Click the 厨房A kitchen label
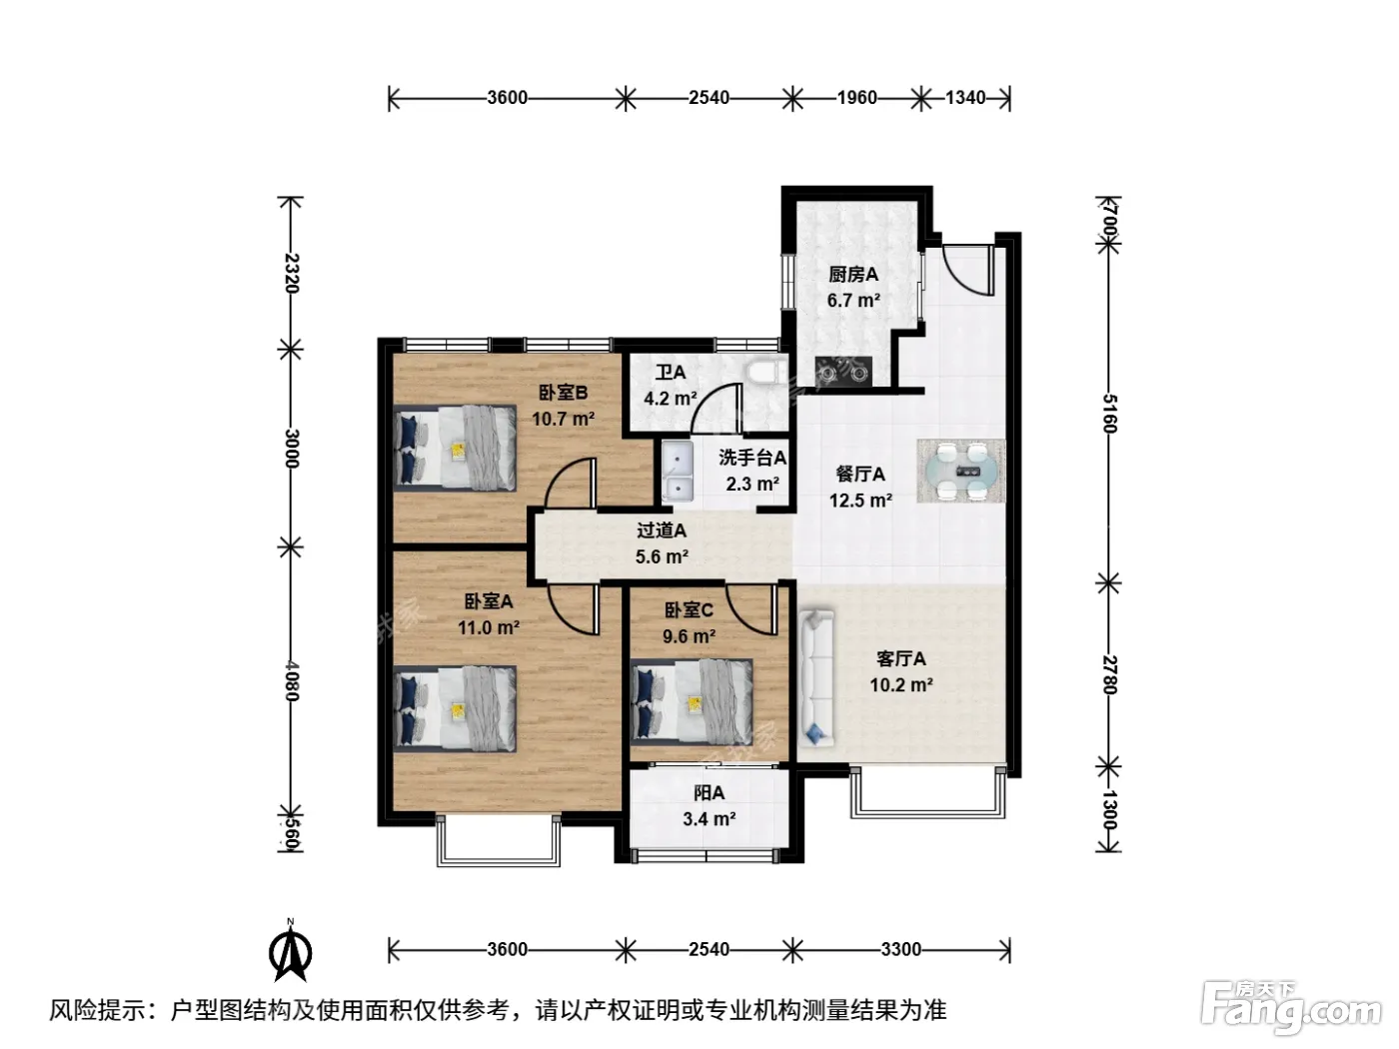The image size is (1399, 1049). [x=852, y=275]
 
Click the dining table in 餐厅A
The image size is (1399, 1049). [x=961, y=471]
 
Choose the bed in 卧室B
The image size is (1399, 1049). [x=455, y=448]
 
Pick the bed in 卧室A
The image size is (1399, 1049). [x=455, y=709]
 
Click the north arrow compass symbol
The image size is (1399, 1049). [x=291, y=952]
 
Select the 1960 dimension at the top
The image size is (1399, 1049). [x=856, y=98]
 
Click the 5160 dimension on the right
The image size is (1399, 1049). [x=1109, y=414]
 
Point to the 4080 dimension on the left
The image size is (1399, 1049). [x=291, y=680]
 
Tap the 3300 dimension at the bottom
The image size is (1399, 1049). [x=900, y=950]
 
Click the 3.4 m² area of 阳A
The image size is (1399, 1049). [x=709, y=818]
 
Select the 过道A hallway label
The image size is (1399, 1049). [x=662, y=529]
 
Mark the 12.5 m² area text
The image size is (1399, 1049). [x=860, y=500]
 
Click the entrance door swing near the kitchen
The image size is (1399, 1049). [x=968, y=269]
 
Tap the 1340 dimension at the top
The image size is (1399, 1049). [x=965, y=98]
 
